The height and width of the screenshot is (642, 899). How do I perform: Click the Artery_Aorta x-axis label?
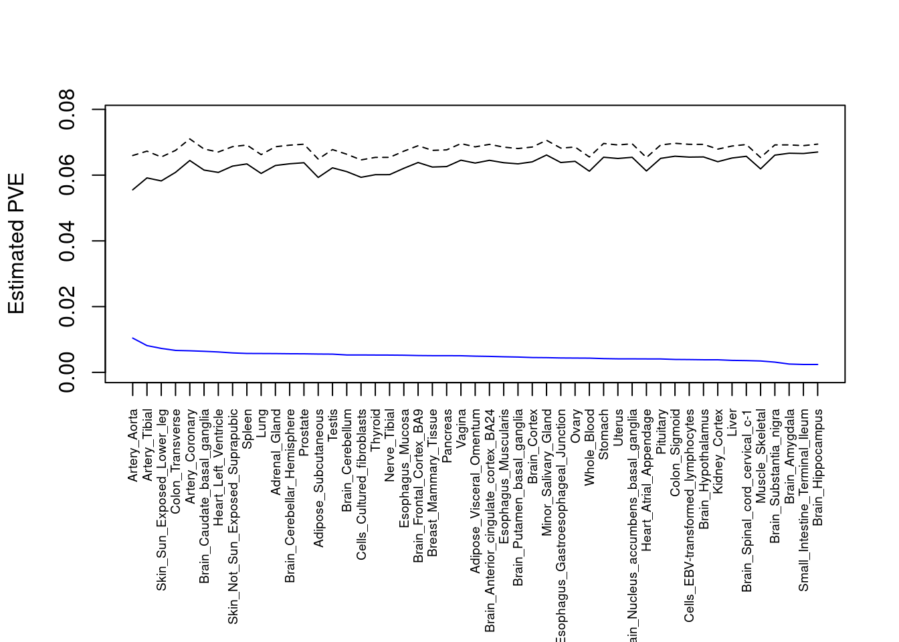pyautogui.click(x=132, y=445)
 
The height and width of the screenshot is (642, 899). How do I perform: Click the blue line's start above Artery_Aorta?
pyautogui.click(x=132, y=338)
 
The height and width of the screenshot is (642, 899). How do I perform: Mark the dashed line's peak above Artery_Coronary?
pyautogui.click(x=190, y=138)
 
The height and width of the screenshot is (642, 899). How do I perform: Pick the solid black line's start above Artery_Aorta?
pyautogui.click(x=132, y=190)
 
